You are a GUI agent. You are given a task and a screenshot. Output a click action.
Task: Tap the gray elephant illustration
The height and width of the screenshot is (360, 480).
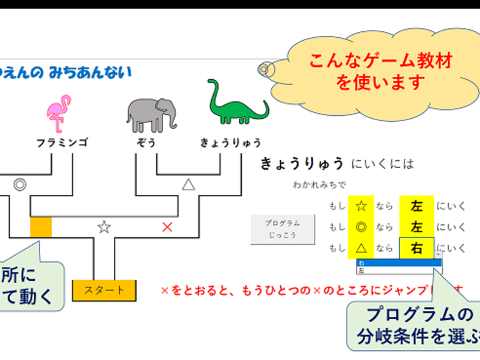coord(151,113)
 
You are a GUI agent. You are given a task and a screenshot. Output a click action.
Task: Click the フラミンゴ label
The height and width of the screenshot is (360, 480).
coord(62,143)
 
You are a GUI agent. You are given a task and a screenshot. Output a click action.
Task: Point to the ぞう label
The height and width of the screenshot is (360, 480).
coord(146,143)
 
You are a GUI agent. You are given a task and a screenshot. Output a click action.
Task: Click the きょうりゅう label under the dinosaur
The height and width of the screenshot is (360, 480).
coord(231,143)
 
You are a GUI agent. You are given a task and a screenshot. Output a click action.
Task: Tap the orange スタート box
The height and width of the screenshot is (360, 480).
coord(104,290)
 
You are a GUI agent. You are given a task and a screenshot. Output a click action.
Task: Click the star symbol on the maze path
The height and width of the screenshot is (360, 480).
coord(104,227)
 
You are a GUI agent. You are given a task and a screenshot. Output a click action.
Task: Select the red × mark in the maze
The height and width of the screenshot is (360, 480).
coord(167,227)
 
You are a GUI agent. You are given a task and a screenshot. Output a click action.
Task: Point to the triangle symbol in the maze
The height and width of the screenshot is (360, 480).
coord(188,185)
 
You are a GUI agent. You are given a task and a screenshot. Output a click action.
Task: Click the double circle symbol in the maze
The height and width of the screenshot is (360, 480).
coord(20,184)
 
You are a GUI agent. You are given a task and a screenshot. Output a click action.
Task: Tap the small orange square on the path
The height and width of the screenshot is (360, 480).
coord(41,227)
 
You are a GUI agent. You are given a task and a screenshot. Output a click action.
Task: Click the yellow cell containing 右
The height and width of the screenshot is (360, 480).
coord(416,248)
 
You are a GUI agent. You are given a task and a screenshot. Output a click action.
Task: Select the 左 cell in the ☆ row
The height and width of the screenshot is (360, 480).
coord(416,206)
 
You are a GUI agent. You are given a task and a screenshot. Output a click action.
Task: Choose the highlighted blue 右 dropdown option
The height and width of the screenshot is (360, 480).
coord(396,263)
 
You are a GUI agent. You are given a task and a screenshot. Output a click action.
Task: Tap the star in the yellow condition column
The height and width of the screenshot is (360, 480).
coord(361,206)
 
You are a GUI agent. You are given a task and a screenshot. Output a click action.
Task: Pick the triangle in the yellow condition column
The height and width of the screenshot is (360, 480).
coord(361,248)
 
